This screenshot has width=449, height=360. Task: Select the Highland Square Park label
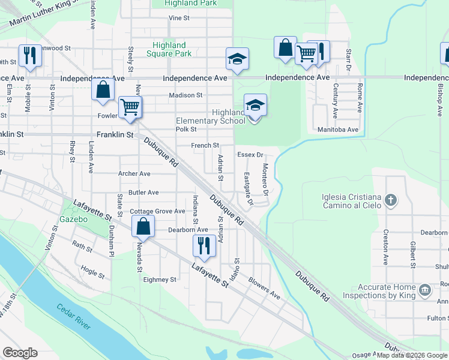click(169, 49)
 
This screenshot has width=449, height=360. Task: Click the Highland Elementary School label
click(211, 116)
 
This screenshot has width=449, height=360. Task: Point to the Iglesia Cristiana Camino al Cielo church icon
click(391, 200)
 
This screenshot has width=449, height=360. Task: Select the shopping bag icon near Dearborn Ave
click(143, 227)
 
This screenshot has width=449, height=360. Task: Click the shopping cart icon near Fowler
click(130, 107)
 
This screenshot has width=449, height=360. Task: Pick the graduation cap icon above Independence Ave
click(237, 59)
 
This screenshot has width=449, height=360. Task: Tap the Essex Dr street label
click(250, 155)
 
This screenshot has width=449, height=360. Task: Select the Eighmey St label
click(160, 280)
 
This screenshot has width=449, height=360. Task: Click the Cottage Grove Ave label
click(158, 212)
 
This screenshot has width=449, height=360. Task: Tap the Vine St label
click(179, 18)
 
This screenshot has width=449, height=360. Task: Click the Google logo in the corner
click(20, 353)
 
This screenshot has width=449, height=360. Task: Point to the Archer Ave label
click(134, 174)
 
